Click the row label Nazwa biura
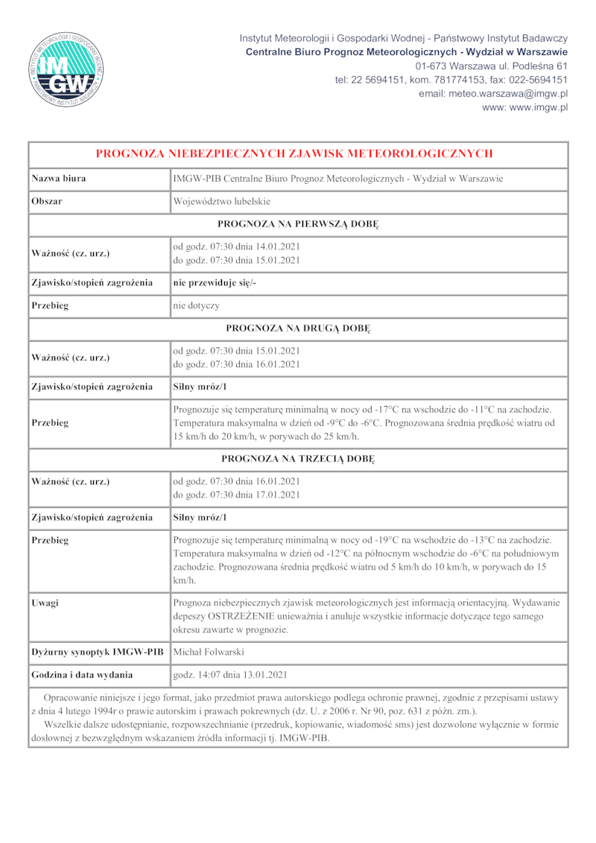tap(59, 179)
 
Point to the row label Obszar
tap(47, 202)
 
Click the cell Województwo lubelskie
tap(222, 202)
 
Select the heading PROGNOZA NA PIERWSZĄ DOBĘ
tap(298, 224)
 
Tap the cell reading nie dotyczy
tap(196, 306)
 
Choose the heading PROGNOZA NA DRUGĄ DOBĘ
tap(298, 328)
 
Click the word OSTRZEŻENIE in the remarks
tap(241, 616)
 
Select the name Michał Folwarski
tap(209, 652)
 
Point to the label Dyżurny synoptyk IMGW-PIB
tap(98, 652)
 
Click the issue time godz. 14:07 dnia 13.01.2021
tap(229, 675)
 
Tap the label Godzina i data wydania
tap(83, 675)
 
